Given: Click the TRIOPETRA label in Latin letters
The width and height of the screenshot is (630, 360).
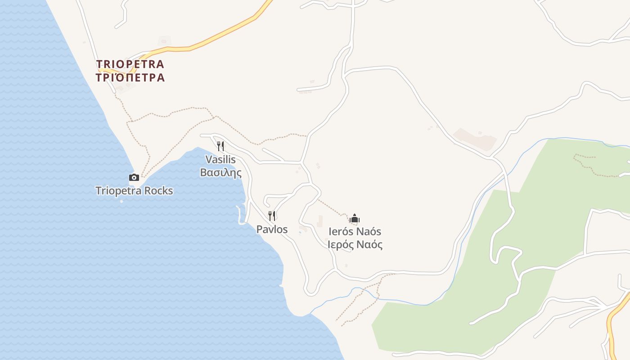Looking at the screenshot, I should pos(130,64).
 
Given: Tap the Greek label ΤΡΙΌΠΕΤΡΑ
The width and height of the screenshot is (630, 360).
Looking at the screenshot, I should pos(130,78).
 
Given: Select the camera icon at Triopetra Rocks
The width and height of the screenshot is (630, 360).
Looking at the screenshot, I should pos(134,177).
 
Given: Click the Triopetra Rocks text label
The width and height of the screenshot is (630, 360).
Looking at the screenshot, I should pos(134,191).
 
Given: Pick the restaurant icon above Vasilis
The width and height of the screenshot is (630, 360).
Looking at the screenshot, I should pos(220,146).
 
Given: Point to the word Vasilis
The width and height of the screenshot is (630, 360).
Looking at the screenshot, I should pos(220,159).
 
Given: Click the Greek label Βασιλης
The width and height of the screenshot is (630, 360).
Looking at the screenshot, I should pos(220,172).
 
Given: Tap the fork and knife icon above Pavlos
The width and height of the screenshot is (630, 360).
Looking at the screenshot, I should pos(272,216).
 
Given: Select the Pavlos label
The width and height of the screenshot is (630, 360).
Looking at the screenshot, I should pos(272,229).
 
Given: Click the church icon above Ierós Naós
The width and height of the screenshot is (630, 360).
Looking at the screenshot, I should pos(355,219).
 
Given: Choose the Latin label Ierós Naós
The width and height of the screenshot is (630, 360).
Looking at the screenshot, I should pos(355,232).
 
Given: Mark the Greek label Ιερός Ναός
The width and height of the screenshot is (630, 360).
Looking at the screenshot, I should pos(355,245).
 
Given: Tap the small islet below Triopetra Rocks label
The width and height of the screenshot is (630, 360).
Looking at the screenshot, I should pos(121,201).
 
